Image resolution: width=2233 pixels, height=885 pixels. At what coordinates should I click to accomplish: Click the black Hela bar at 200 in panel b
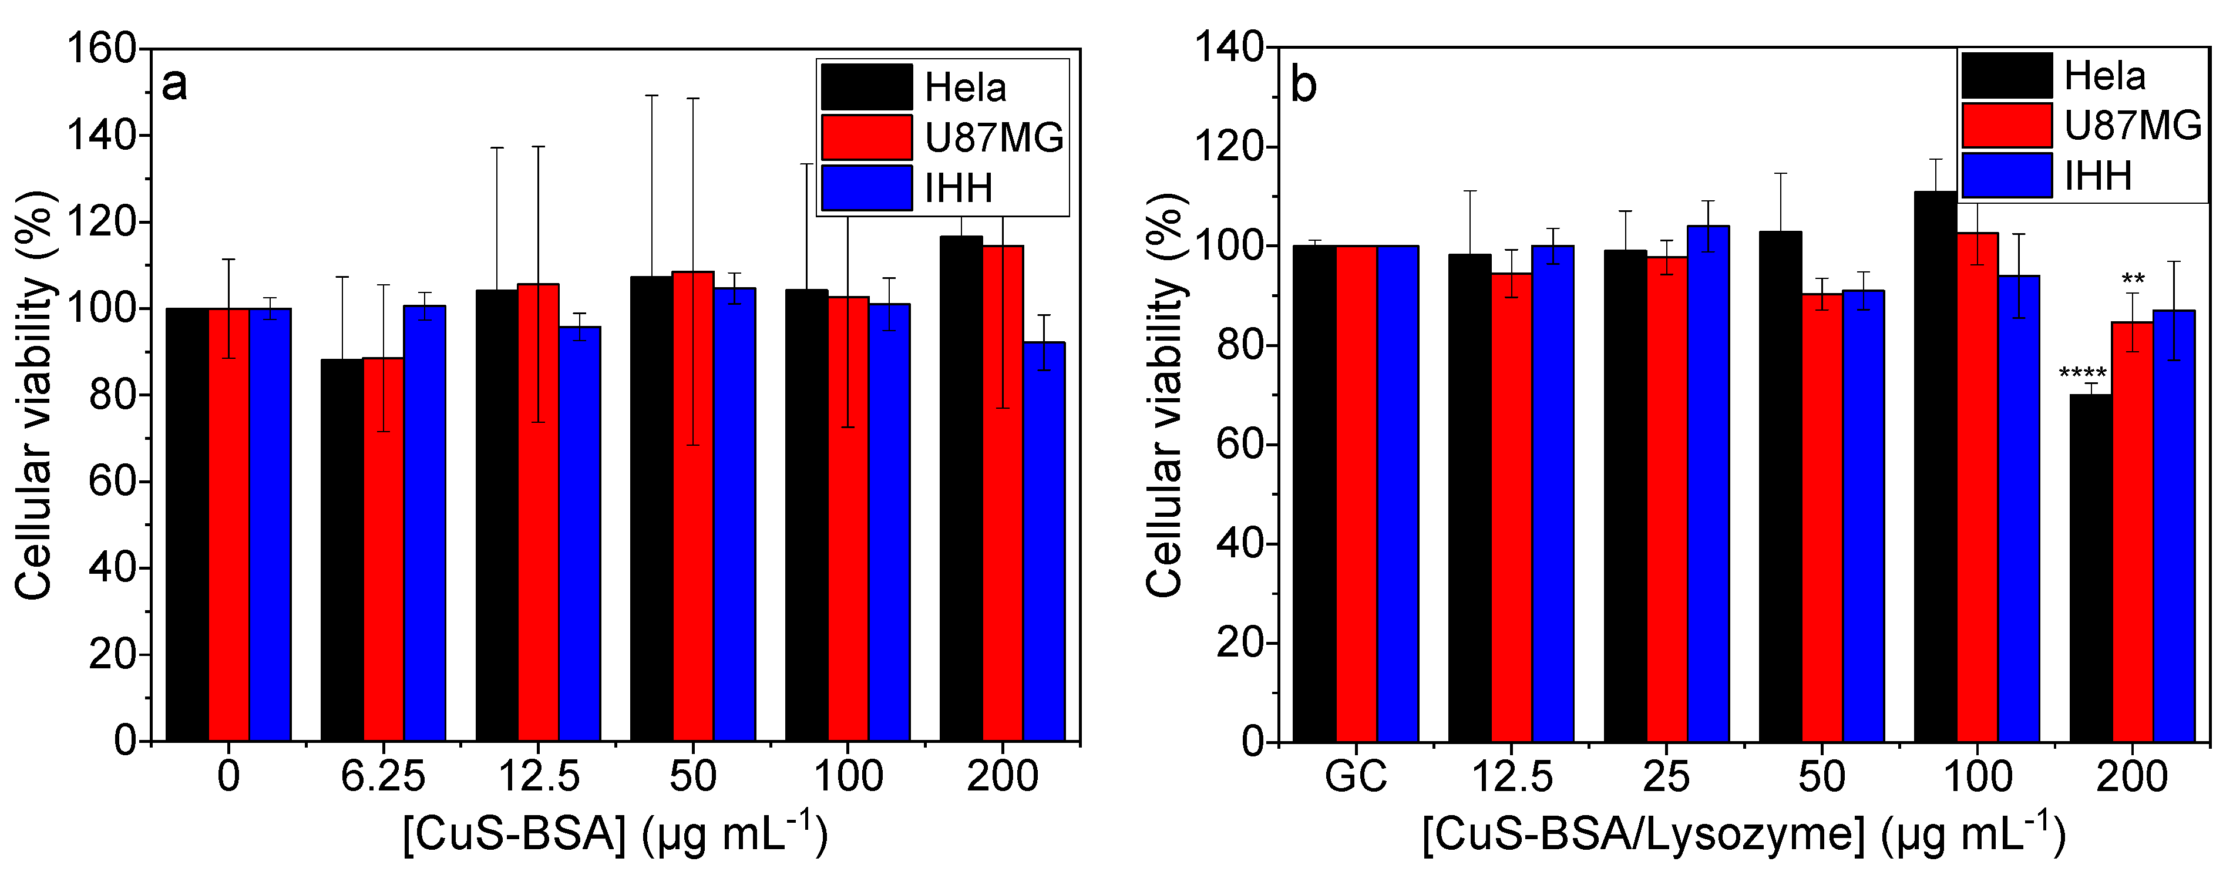tap(2090, 568)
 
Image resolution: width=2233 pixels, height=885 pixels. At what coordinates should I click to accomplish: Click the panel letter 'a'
tap(174, 85)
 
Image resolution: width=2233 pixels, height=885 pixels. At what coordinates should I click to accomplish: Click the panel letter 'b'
tap(1303, 85)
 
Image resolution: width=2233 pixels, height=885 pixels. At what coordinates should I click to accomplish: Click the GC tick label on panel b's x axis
tap(1356, 776)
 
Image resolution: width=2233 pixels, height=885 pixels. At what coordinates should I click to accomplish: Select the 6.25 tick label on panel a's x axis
tap(382, 776)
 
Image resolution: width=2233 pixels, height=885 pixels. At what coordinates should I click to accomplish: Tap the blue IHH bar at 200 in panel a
tap(1044, 542)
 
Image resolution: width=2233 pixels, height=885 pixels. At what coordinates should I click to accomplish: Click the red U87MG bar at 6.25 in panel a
tap(383, 549)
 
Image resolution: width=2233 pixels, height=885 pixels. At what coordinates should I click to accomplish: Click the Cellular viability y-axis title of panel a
tap(35, 395)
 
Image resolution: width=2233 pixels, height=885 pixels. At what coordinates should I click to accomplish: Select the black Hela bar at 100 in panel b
tap(1935, 466)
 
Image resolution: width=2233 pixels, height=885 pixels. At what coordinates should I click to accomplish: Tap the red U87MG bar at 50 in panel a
tap(692, 506)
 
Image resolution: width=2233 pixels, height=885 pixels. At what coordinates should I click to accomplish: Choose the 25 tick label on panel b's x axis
tap(1666, 776)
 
